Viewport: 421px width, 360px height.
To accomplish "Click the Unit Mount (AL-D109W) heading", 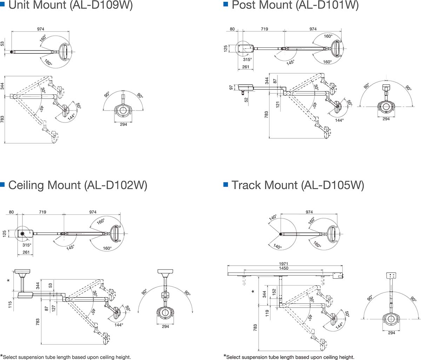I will (x=70, y=6).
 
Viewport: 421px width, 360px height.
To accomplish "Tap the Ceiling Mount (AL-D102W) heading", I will (x=77, y=185).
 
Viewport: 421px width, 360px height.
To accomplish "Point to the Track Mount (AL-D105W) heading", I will (x=298, y=185).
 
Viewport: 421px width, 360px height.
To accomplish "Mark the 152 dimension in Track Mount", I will (x=274, y=292).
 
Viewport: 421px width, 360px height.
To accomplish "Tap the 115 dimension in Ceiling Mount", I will (x=10, y=304).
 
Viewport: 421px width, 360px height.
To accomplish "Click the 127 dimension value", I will (x=54, y=308).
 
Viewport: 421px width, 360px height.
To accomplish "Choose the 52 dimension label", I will (x=247, y=100).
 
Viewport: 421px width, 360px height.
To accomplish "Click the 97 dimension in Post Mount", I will (x=231, y=87).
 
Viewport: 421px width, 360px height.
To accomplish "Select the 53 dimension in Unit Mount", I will (x=2, y=44).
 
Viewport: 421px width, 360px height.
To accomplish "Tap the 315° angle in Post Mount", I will (x=247, y=59).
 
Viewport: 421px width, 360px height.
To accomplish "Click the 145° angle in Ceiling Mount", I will (x=71, y=248).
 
